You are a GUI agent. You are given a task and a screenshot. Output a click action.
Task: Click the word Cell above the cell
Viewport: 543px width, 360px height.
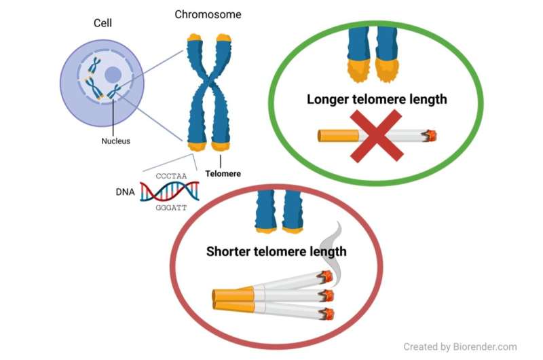tap(102, 24)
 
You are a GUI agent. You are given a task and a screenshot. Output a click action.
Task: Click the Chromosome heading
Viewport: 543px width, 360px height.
tap(208, 14)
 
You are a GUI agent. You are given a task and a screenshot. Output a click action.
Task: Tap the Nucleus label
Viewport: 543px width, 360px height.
tap(115, 141)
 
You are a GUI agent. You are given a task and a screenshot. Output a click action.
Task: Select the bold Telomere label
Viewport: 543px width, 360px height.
tap(223, 173)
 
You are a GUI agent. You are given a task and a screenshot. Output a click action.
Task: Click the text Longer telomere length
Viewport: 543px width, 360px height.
tap(377, 99)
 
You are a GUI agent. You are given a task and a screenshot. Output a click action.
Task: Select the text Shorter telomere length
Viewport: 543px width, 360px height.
tap(276, 251)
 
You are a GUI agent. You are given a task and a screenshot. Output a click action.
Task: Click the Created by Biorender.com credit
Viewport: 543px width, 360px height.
tap(460, 346)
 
